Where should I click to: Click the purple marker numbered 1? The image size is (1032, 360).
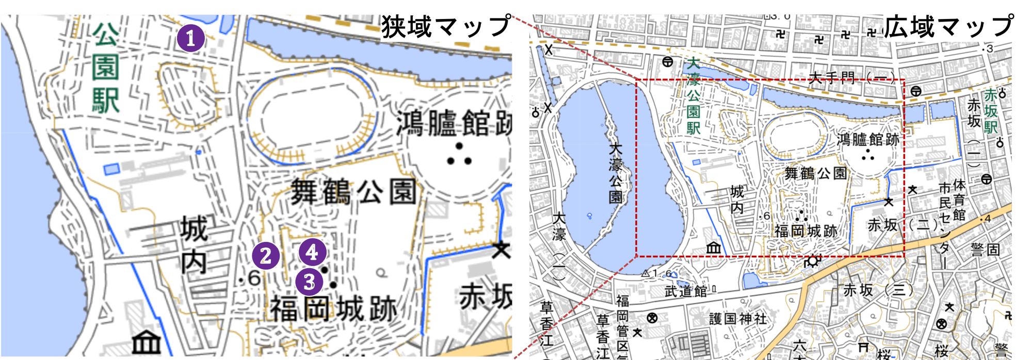(191, 38)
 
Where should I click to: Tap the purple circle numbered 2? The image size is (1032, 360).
(266, 256)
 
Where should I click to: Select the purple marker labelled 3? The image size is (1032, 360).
(309, 282)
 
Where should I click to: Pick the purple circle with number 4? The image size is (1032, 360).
(312, 253)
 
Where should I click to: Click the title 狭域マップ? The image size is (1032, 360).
(446, 27)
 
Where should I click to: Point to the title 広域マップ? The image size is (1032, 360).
(948, 27)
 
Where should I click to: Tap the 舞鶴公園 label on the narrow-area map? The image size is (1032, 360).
(353, 192)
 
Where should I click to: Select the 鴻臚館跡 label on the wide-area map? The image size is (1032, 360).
(868, 139)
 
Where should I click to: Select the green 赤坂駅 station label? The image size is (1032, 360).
(991, 111)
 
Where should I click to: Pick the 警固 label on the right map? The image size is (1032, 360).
(986, 250)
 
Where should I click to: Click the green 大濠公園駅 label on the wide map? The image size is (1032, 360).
(693, 95)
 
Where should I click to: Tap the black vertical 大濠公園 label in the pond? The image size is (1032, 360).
(615, 173)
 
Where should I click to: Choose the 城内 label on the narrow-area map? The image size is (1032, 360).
(194, 246)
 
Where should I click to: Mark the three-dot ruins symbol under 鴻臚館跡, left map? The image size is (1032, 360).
(459, 155)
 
